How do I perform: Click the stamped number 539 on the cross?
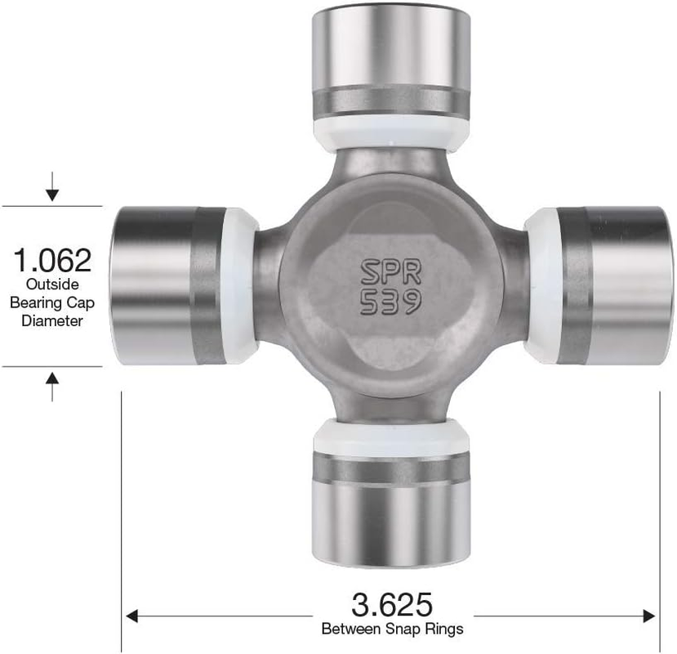[x=390, y=302]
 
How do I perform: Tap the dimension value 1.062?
[x=52, y=261]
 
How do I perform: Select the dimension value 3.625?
[x=392, y=605]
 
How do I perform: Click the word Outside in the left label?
[x=52, y=285]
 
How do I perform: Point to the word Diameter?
[x=52, y=321]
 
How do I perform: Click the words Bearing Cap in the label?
[x=52, y=303]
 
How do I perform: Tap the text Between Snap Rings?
[x=392, y=629]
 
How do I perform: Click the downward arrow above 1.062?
[x=52, y=190]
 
